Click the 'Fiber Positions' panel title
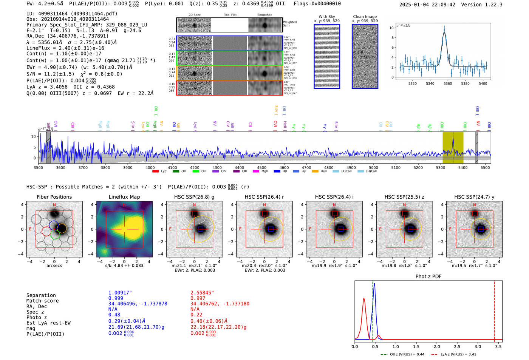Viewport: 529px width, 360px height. pyautogui.click(x=54, y=197)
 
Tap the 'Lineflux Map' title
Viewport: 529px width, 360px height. pyautogui.click(x=124, y=197)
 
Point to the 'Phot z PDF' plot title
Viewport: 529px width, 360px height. pyautogui.click(x=428, y=277)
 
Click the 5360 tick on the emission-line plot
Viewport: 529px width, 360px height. pyautogui.click(x=447, y=83)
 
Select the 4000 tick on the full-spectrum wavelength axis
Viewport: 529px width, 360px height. pyautogui.click(x=150, y=167)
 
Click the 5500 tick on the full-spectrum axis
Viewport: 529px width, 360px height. pyautogui.click(x=485, y=167)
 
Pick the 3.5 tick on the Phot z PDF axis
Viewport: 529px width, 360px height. pyautogui.click(x=498, y=346)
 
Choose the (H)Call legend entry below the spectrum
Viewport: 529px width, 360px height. pyautogui.click(x=369, y=172)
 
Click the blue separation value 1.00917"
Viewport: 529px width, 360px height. pyautogui.click(x=120, y=293)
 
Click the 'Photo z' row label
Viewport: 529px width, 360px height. pyautogui.click(x=37, y=317)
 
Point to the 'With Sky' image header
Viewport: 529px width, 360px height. pyautogui.click(x=326, y=17)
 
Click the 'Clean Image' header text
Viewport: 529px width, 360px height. pyautogui.click(x=365, y=17)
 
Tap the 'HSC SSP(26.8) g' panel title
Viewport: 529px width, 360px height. pyautogui.click(x=194, y=197)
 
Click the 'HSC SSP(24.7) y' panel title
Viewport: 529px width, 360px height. pyautogui.click(x=474, y=197)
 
